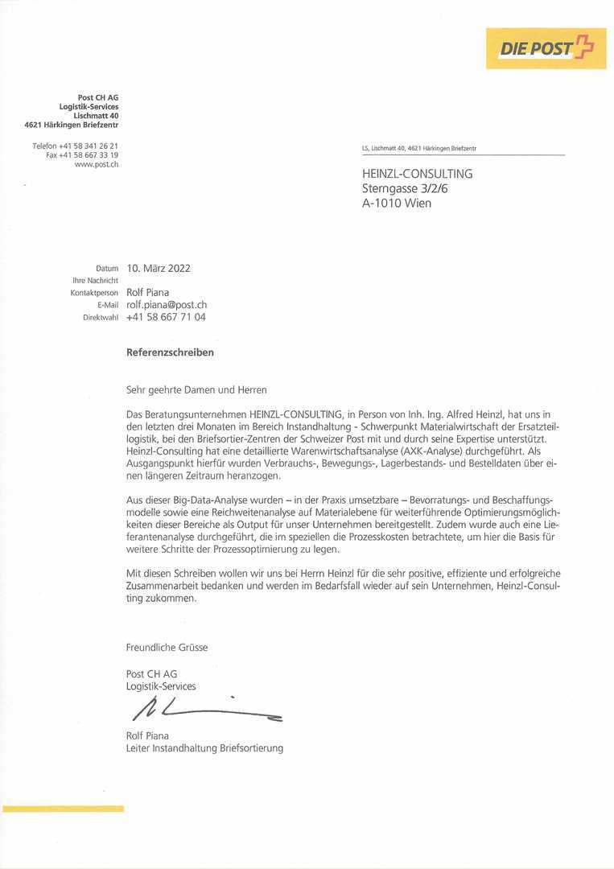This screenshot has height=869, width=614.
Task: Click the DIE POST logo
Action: pos(546,48)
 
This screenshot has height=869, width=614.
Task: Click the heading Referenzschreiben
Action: pos(170,352)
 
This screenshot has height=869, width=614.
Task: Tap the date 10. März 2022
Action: pos(159,269)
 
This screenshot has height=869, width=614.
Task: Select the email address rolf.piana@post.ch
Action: pos(167,305)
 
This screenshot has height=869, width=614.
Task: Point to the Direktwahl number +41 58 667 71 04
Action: pos(166,317)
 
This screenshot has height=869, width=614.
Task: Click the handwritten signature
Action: pos(206,708)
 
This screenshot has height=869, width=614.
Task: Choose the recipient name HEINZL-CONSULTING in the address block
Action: pos(417,174)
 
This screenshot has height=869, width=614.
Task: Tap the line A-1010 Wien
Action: pos(397,204)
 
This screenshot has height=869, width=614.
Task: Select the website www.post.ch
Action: pos(97,164)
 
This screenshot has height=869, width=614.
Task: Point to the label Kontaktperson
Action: pos(94,293)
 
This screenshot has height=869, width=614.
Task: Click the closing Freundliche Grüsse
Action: pos(167,647)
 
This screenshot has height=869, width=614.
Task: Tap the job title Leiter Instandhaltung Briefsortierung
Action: pos(204,748)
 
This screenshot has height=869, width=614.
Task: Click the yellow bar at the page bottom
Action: pos(63,808)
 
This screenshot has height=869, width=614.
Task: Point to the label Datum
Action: pos(107,269)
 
